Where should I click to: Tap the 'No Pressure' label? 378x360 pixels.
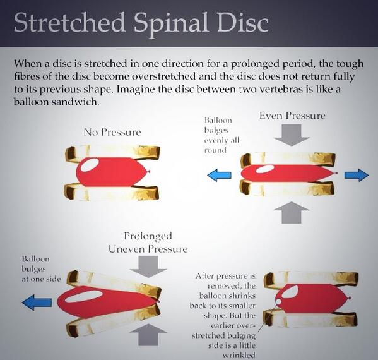pyautogui.click(x=112, y=133)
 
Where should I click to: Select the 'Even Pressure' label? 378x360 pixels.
pyautogui.click(x=292, y=116)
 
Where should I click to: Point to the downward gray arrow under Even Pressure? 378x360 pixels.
pyautogui.click(x=293, y=135)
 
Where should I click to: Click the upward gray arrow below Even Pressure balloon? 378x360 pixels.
pyautogui.click(x=292, y=213)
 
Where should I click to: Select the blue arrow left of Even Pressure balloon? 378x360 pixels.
pyautogui.click(x=219, y=175)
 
